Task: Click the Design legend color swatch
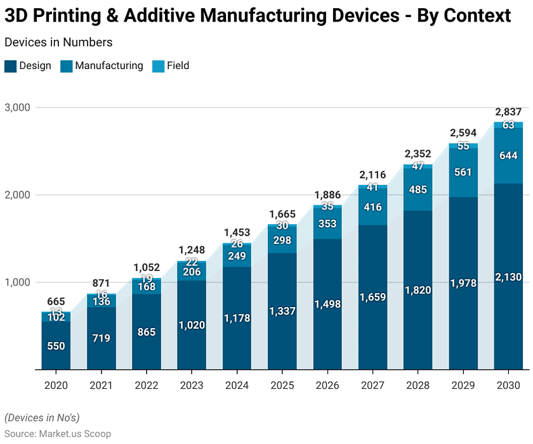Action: point(10,66)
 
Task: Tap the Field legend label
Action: point(178,66)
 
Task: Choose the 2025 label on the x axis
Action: point(282,386)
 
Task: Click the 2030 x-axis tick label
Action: point(509,386)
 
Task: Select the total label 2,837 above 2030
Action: point(509,112)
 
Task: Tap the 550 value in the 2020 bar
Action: point(56,346)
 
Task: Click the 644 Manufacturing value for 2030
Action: point(509,156)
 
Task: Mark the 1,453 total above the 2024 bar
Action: point(237,233)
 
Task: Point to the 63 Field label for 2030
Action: point(509,125)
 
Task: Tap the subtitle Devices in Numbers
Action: point(58,42)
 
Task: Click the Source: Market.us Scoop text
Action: point(58,434)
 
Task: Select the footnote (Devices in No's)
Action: point(42,417)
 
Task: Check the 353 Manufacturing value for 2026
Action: point(328,224)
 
